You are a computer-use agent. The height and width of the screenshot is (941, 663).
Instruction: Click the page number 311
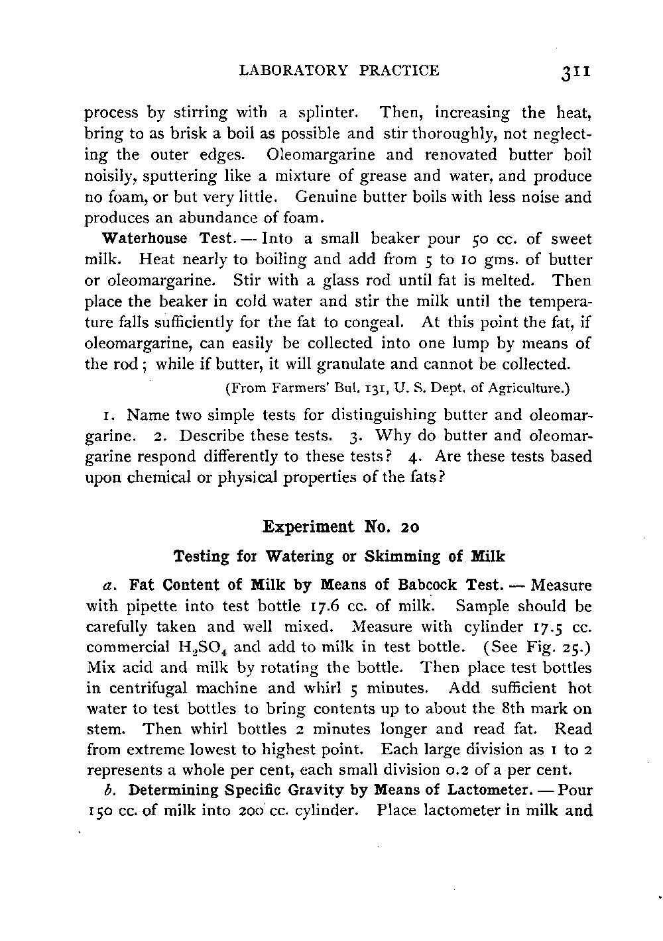click(575, 72)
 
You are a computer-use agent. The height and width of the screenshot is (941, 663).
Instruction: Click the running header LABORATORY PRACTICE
click(339, 71)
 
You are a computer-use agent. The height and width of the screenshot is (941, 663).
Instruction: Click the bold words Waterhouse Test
click(147, 238)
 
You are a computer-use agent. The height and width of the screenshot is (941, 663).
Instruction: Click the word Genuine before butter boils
click(328, 197)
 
